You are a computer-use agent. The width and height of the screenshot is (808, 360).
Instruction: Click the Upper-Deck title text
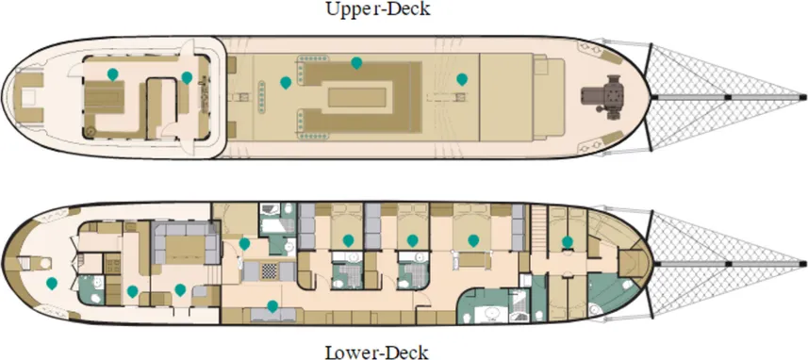point(378,8)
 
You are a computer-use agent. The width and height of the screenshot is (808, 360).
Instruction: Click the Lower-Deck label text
point(377,352)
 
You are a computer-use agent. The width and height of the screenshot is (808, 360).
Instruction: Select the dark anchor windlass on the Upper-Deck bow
point(602,97)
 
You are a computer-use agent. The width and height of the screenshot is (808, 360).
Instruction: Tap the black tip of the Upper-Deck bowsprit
point(802,96)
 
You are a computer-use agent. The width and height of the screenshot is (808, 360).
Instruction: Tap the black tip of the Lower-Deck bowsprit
point(802,264)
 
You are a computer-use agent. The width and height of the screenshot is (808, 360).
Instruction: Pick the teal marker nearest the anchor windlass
point(462,79)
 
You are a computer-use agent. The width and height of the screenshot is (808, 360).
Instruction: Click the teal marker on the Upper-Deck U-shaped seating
point(356,63)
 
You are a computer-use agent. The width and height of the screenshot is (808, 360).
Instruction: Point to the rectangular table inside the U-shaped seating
point(357,97)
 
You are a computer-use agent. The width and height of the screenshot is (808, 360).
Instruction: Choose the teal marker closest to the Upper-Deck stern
point(112,74)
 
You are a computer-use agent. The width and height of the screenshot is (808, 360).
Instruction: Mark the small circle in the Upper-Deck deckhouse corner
point(91,131)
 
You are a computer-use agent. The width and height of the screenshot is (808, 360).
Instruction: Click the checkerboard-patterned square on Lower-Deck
point(269,271)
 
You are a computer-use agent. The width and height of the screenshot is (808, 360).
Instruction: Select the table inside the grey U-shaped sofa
point(186,251)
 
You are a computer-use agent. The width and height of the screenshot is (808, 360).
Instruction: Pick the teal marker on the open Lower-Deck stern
point(52,283)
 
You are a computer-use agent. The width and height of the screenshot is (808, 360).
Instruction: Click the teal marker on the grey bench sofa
point(272,306)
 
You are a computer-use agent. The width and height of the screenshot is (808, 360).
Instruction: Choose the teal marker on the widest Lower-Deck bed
point(473,240)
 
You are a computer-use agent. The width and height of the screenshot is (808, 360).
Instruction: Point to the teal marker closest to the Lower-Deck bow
point(567,241)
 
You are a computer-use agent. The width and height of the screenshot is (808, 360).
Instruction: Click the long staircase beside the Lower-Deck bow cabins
point(538,229)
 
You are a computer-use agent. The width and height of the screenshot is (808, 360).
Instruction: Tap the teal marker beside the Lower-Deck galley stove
point(132,291)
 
